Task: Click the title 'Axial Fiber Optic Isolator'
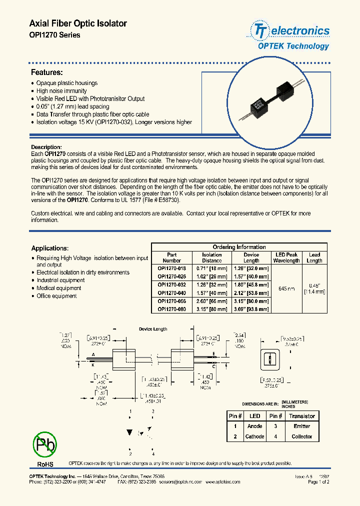[78, 23]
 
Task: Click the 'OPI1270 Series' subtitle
[55, 35]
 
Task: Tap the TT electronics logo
[290, 31]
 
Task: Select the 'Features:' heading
[47, 72]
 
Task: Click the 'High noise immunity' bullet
[61, 91]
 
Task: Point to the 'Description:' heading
[46, 147]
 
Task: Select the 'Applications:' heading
[50, 248]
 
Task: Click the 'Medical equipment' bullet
[58, 288]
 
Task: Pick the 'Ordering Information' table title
[239, 247]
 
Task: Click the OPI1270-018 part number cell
[171, 268]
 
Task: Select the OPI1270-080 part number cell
[171, 309]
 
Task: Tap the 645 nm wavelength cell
[286, 289]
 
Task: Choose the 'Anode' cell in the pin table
[254, 426]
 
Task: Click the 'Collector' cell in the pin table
[301, 436]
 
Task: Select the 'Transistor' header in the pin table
[301, 416]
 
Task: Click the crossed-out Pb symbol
[45, 444]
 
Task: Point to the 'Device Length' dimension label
[153, 329]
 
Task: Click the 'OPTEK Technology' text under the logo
[293, 46]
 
